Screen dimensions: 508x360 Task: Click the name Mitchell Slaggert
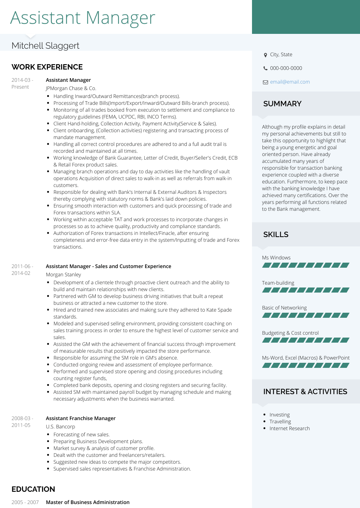click(45, 46)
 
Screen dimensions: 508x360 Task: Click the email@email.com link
click(290, 82)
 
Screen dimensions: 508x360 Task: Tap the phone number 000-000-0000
click(286, 68)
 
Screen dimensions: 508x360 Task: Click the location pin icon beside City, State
click(265, 55)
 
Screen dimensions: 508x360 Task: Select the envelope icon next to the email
click(265, 82)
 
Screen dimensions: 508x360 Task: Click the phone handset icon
click(265, 68)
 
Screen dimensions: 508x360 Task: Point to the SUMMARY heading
click(282, 104)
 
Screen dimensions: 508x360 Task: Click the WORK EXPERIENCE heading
click(47, 67)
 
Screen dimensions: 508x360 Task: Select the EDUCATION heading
click(33, 489)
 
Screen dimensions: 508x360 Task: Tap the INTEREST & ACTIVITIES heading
click(305, 392)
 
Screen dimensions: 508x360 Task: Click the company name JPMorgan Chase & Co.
click(71, 88)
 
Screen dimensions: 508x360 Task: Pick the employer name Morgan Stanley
click(63, 275)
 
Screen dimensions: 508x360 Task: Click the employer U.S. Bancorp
click(60, 427)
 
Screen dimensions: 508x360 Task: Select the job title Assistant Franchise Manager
click(81, 418)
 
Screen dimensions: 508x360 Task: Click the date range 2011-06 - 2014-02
click(22, 270)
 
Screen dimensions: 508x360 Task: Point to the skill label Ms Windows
click(276, 258)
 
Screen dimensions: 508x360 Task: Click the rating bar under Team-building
click(306, 290)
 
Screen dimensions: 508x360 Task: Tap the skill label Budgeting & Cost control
click(290, 333)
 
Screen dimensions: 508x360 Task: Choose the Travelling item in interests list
click(280, 422)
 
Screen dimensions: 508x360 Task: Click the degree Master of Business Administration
click(87, 502)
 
